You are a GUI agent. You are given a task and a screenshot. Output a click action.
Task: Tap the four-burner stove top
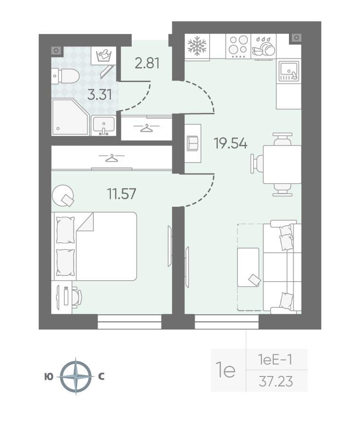pos(238,46)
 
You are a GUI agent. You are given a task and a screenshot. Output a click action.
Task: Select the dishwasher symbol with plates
pos(263,46)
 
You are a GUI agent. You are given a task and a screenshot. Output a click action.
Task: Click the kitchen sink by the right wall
pos(289,71)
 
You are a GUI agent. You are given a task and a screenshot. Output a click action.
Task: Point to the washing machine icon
pos(104,55)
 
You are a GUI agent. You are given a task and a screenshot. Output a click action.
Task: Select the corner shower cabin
pos(70,117)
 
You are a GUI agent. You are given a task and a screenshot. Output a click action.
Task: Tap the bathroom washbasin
pos(104,126)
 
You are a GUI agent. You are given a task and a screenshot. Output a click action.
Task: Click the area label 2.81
pos(147,63)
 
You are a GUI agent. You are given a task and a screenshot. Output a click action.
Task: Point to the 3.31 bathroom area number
pos(100,95)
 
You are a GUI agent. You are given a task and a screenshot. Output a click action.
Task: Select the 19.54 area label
pos(230,143)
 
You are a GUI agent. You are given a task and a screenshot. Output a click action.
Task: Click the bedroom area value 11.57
pos(122,194)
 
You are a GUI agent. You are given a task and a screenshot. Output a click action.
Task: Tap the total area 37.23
pos(276,381)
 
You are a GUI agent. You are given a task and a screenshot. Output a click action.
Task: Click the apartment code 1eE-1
pos(275,359)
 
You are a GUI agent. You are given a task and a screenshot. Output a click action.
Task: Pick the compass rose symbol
pos(76,376)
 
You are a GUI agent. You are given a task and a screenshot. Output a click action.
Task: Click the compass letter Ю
pos(49,377)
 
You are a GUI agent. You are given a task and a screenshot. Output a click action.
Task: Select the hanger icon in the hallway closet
pos(146,128)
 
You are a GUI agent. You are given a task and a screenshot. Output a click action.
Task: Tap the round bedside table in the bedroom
pos(63,194)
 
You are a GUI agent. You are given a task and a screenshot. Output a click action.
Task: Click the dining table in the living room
pos(282,164)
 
